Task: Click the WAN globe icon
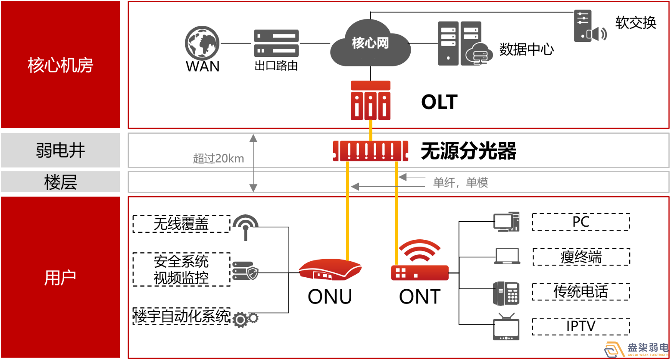point(202,43)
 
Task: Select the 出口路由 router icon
point(276,44)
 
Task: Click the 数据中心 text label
point(526,50)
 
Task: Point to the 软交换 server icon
point(589,26)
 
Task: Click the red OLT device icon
point(371,100)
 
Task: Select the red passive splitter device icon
point(371,151)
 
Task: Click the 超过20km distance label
point(218,159)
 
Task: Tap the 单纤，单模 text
point(460,183)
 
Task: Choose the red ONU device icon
point(331,270)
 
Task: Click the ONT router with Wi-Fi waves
point(419,262)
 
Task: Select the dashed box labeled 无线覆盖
point(181,224)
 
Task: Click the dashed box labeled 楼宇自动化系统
point(181,316)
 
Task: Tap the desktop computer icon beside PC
point(506,222)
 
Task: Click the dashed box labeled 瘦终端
point(581,257)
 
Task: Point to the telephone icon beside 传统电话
point(506,293)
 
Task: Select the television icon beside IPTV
point(506,328)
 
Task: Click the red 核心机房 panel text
point(60,65)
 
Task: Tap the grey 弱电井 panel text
point(60,150)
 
